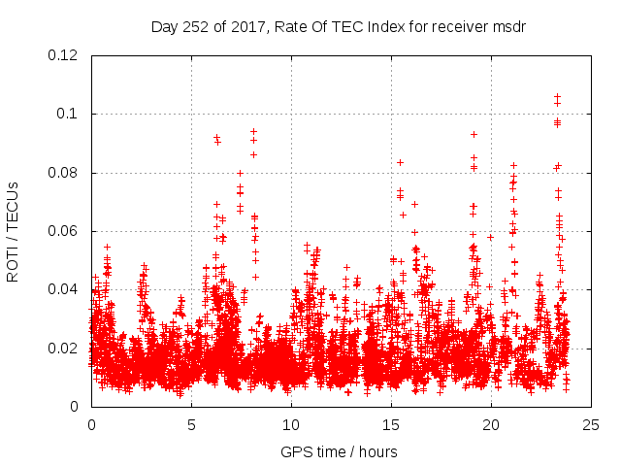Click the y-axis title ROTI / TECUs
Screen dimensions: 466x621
13,231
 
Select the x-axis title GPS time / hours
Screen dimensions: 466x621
339,451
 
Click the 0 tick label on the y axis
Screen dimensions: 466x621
77,407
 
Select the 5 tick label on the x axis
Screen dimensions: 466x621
191,425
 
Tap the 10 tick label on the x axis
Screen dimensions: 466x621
291,425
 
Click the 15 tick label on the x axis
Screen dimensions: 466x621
391,425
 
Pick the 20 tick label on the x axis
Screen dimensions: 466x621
491,425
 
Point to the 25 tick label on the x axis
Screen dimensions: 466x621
591,425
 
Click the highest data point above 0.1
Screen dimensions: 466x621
557,95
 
